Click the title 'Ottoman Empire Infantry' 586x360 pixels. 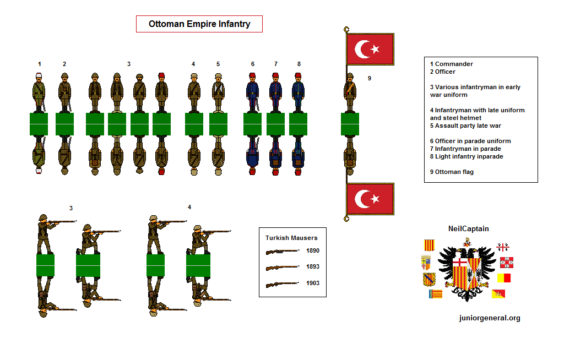199,24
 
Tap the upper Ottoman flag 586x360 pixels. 370,49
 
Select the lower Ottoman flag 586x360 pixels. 370,199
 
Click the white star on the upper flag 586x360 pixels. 376,49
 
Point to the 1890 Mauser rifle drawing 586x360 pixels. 283,252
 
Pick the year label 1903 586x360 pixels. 313,283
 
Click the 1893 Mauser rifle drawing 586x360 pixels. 283,268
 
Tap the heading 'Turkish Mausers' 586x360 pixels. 291,238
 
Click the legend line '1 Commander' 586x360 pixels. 452,64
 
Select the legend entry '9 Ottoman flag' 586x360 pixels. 452,172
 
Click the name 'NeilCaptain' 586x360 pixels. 468,229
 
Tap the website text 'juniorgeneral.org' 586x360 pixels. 489,318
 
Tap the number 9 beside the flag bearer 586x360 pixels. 370,78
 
